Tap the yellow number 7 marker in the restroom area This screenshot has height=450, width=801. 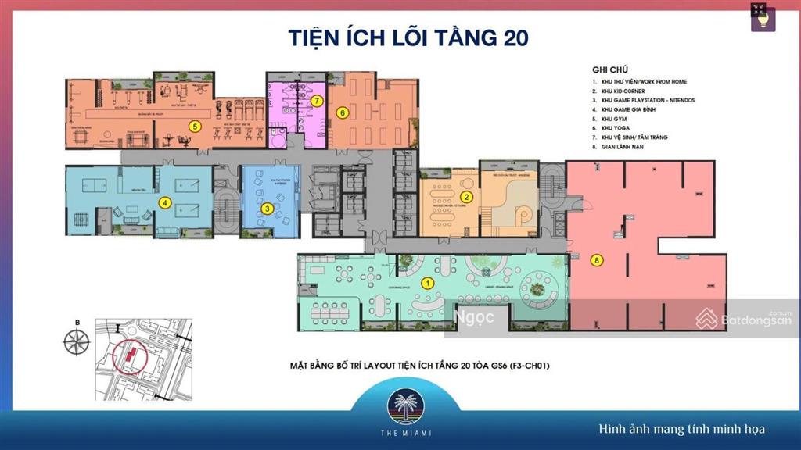tap(317, 101)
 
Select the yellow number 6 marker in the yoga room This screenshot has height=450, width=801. tap(342, 112)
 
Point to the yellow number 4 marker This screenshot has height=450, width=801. tap(165, 202)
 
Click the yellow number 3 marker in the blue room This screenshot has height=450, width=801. tap(268, 208)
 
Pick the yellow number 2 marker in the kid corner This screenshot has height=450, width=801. tap(465, 197)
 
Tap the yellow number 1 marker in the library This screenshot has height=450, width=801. tap(427, 282)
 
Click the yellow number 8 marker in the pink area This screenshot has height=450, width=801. tap(596, 261)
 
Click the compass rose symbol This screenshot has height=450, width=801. tap(77, 341)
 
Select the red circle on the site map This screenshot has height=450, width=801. tap(128, 358)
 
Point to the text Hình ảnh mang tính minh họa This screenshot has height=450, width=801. tap(681, 429)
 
